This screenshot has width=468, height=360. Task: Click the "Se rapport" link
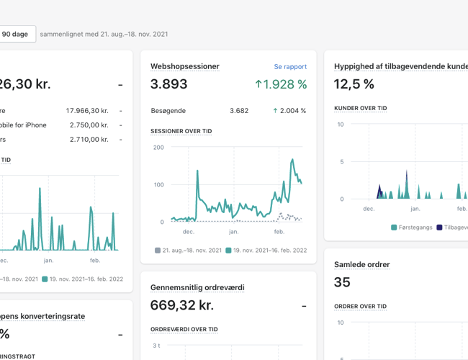(290, 67)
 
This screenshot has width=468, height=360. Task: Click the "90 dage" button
(16, 34)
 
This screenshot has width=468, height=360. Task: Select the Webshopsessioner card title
(184, 67)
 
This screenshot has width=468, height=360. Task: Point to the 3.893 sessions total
(168, 84)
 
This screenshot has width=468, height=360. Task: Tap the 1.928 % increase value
(281, 84)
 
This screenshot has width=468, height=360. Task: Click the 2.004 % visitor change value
(289, 111)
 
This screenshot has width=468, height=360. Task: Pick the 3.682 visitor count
(239, 111)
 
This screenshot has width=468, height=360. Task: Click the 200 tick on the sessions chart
(158, 148)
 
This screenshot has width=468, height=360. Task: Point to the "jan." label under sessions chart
(233, 232)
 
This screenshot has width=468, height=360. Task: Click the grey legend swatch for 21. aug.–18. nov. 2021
(158, 251)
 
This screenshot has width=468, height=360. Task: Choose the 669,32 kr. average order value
(181, 305)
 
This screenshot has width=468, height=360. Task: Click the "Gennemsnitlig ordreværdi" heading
(197, 287)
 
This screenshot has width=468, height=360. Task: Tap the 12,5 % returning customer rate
(354, 84)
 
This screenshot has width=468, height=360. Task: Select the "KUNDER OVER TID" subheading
(360, 108)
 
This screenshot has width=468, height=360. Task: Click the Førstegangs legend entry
(412, 228)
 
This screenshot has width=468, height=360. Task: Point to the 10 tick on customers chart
(341, 125)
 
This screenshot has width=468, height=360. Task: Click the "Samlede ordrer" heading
(361, 264)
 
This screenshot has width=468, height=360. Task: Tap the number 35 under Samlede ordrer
(342, 282)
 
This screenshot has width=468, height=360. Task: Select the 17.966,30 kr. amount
(86, 111)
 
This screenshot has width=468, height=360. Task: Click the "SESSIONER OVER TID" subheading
(181, 132)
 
